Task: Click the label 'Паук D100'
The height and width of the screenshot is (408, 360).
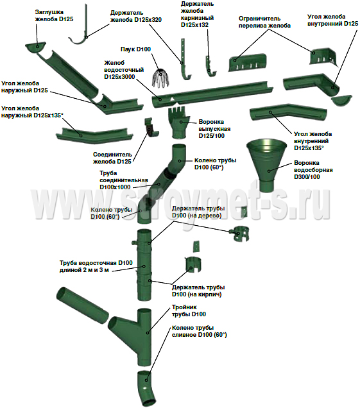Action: point(135,49)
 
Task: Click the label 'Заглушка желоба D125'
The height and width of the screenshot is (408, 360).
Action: point(54,15)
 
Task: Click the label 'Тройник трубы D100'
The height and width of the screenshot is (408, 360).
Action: point(189,310)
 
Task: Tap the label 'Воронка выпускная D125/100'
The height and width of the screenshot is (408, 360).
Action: point(214,129)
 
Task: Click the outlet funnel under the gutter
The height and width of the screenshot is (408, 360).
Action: point(179,123)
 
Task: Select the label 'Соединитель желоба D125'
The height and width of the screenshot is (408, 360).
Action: point(112,158)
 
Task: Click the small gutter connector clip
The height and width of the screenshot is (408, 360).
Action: point(151,127)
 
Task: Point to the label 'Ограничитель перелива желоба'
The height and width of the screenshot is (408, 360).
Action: point(264,22)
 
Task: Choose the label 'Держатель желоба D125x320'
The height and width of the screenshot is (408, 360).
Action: point(136,16)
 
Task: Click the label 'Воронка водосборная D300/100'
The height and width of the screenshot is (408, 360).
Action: point(313,170)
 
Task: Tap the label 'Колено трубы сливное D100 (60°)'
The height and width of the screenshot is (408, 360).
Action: point(199,331)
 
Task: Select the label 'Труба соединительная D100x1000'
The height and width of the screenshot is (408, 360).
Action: point(124,180)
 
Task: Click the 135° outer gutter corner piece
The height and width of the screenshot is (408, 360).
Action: point(94,135)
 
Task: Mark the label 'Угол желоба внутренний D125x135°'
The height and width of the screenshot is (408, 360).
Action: point(313,141)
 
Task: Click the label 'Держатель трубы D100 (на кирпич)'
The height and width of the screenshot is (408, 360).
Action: point(198,291)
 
